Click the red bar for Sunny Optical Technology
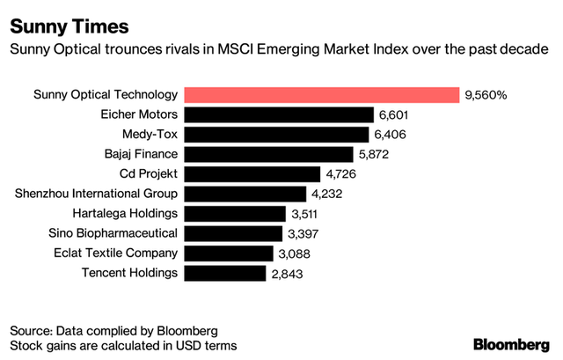tap(322, 95)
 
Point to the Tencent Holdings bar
tap(225, 273)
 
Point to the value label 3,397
tap(304, 233)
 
